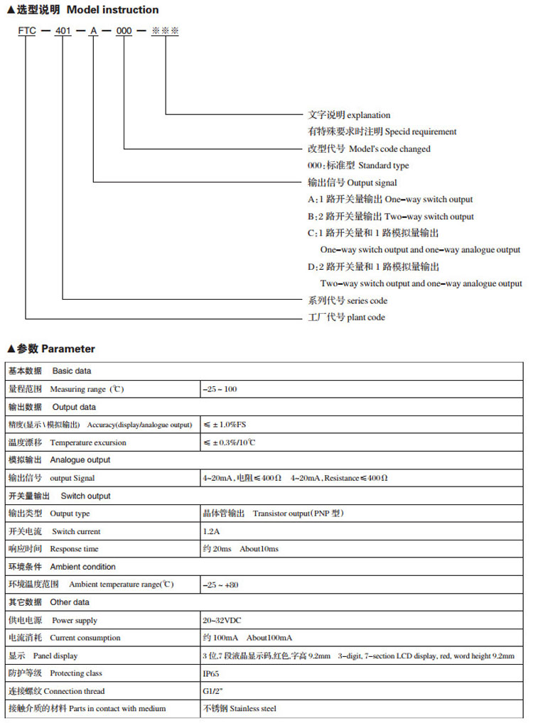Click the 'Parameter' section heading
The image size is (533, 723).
(68, 349)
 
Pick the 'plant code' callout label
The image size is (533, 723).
(366, 317)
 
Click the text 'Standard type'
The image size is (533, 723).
(384, 165)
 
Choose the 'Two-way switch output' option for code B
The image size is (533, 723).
(429, 217)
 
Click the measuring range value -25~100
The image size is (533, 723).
(220, 389)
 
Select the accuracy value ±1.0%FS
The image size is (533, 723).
(225, 425)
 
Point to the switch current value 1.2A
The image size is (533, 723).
(211, 531)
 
